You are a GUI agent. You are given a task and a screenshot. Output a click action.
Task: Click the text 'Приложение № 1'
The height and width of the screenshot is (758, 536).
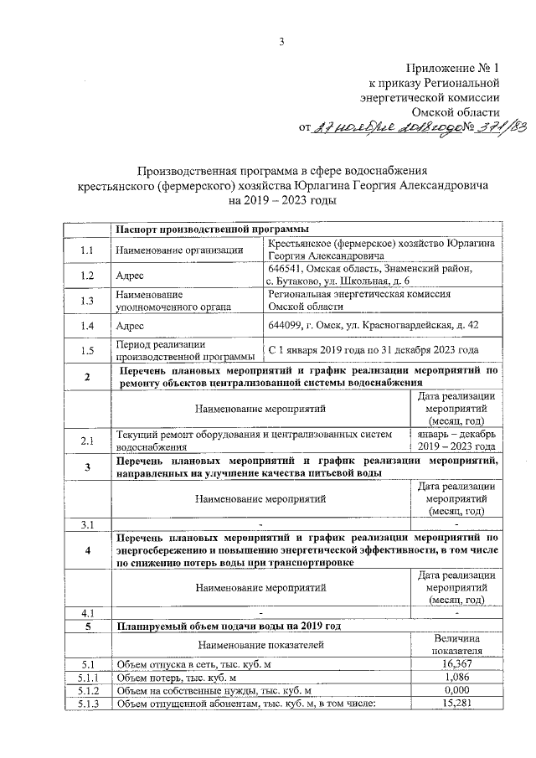pos(453,67)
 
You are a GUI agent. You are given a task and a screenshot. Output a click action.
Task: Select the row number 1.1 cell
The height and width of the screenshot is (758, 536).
pos(87,250)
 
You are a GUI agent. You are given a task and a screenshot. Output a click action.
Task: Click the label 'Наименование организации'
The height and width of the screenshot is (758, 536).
pos(179,250)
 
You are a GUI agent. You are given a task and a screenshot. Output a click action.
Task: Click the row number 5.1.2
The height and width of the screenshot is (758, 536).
pos(87,690)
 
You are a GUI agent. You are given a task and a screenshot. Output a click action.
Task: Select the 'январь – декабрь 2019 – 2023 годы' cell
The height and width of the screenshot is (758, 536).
pos(456,441)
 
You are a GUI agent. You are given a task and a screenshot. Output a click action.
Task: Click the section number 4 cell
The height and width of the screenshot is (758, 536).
pos(87,550)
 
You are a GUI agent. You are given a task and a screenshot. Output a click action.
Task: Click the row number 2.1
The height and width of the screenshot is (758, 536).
pos(87,441)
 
